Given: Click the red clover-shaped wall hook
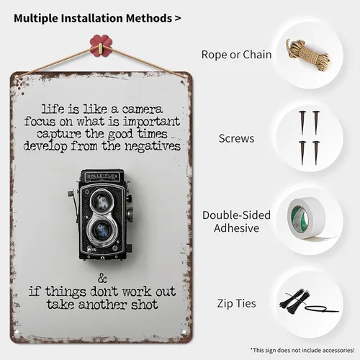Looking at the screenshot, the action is click(x=101, y=45).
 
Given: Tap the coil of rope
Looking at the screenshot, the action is click(x=308, y=55).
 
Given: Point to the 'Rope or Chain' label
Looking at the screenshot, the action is click(x=236, y=55).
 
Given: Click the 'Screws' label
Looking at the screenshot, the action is click(x=236, y=138).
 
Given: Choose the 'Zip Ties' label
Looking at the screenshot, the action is click(x=236, y=303).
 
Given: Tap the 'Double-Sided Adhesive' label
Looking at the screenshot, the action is click(x=236, y=221).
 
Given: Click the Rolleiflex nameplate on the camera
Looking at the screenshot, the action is click(x=102, y=176).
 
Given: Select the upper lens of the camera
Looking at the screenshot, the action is click(x=102, y=199).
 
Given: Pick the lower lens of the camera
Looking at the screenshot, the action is click(x=102, y=230).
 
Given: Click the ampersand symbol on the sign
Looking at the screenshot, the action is click(x=102, y=279).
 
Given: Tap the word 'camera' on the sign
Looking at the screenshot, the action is click(x=143, y=109).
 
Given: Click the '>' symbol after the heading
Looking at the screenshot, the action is click(x=178, y=18).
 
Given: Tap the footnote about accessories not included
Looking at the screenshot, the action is click(x=302, y=350).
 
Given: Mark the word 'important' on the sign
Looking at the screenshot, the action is click(x=151, y=122).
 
